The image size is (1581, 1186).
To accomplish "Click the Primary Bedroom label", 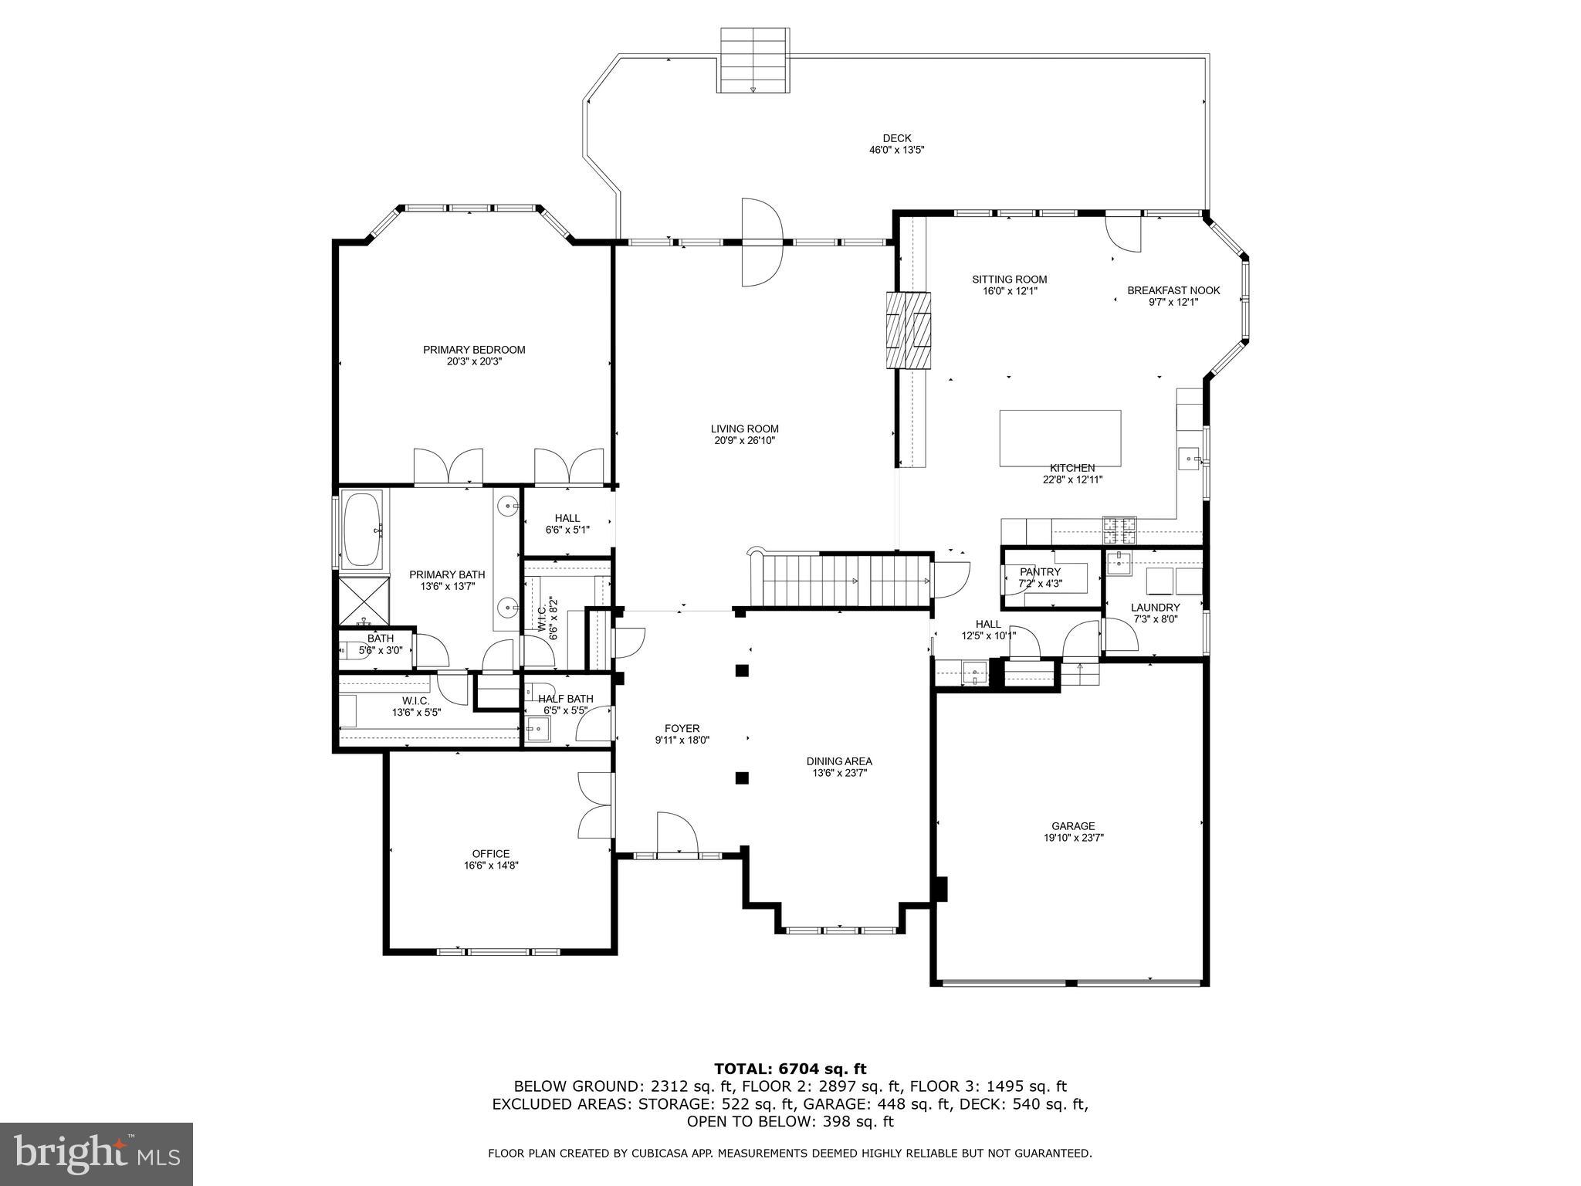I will [x=473, y=350].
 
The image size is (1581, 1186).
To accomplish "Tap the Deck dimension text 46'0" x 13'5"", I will [x=896, y=150].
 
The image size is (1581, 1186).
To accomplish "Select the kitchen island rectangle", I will [x=1060, y=438].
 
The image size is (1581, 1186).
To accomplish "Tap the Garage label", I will [x=1072, y=826].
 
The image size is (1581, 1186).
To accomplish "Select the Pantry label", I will [x=1040, y=572].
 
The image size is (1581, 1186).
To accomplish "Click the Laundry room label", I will [x=1155, y=608].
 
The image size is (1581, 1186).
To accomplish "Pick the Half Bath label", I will [x=566, y=699].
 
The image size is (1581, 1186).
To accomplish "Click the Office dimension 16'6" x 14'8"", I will [x=491, y=866].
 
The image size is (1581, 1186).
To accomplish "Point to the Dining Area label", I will [x=839, y=761].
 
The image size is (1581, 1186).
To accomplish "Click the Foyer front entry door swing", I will [x=676, y=833].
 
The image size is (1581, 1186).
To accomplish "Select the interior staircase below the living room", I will [x=845, y=581].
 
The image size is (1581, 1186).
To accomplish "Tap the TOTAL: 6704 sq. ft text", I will [x=790, y=1069].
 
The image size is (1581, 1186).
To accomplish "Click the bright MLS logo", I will [x=96, y=1154].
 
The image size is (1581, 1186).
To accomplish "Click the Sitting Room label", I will [x=1009, y=280].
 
